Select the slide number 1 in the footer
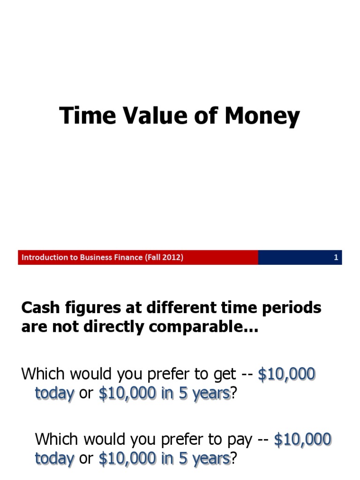coord(336,257)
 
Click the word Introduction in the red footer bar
coord(42,257)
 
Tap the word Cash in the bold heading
coord(39,308)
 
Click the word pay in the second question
coord(243,440)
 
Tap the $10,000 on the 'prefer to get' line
coord(287,375)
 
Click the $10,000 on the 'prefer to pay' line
coord(302,439)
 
